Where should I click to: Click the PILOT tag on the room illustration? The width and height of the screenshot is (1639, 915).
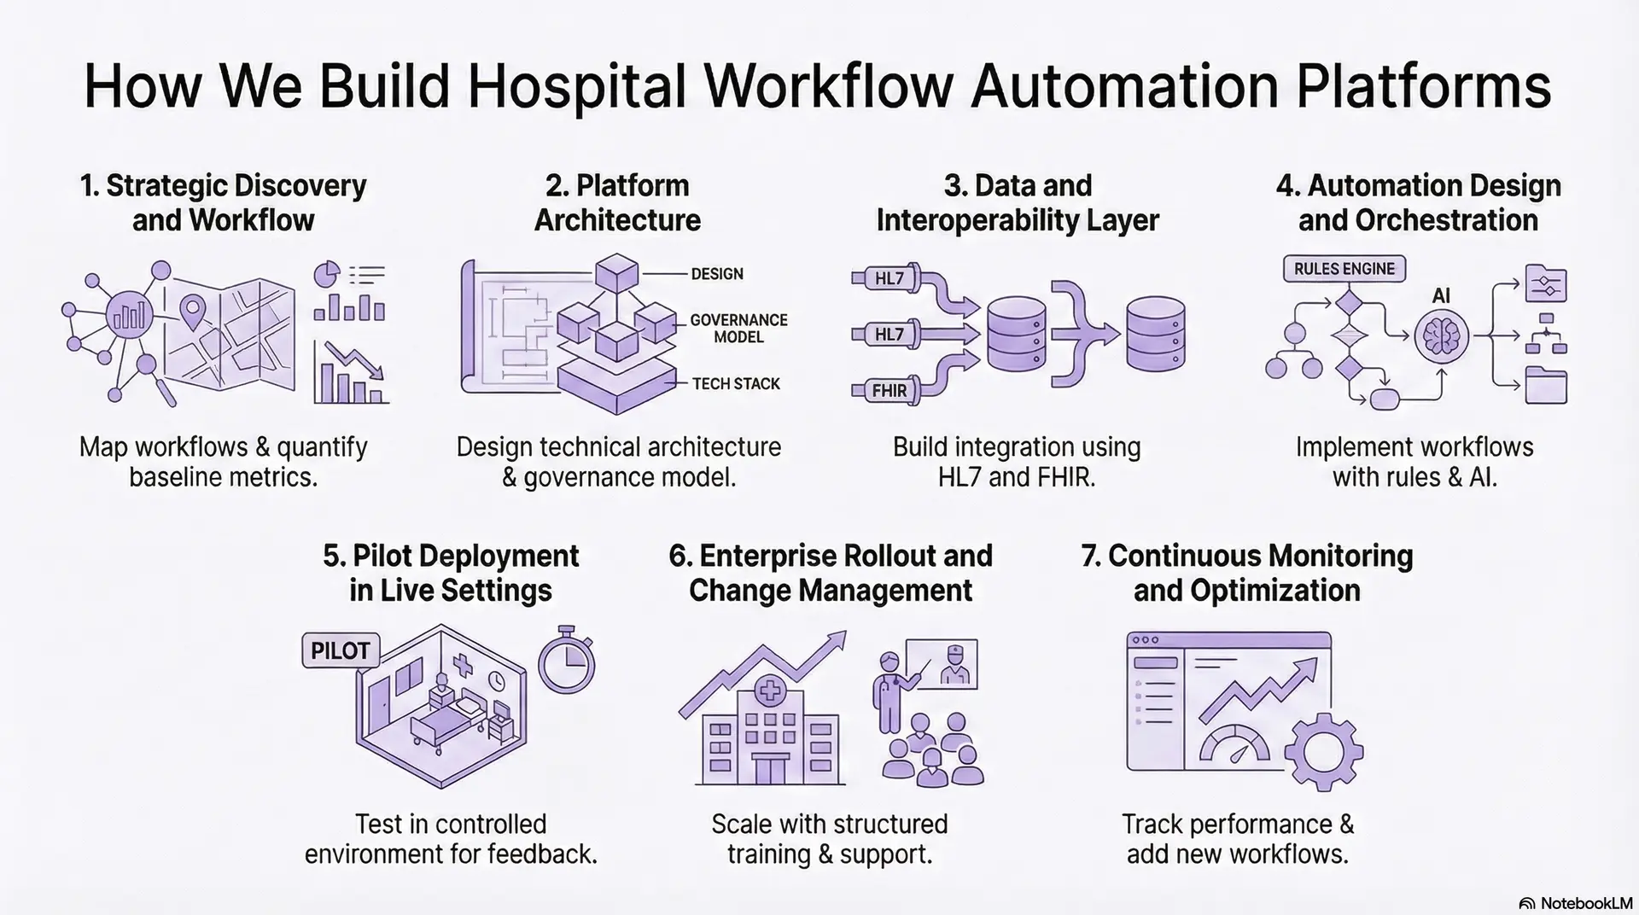coord(340,651)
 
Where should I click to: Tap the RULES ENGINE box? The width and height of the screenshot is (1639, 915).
coord(1344,269)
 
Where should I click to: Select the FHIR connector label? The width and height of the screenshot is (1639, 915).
coord(889,391)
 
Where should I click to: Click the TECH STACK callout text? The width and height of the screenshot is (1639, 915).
coord(735,384)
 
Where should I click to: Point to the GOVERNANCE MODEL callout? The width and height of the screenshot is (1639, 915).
coord(738,329)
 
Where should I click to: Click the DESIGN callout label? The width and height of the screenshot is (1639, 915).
coord(716,274)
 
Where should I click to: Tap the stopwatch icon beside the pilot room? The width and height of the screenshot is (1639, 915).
coord(566,661)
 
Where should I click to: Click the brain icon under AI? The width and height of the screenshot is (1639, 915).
coord(1441,336)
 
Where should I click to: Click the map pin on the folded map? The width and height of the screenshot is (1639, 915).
coord(194,309)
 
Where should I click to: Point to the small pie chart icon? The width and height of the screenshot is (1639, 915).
coord(327,275)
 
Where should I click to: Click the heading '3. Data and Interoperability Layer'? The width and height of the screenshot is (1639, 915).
coord(1017,202)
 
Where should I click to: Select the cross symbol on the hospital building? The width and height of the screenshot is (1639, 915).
coord(769,691)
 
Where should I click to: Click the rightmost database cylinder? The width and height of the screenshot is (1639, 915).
coord(1155,334)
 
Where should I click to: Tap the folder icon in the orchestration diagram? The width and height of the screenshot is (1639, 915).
coord(1545,386)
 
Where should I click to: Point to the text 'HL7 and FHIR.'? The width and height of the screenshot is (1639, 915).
coord(1016,476)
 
